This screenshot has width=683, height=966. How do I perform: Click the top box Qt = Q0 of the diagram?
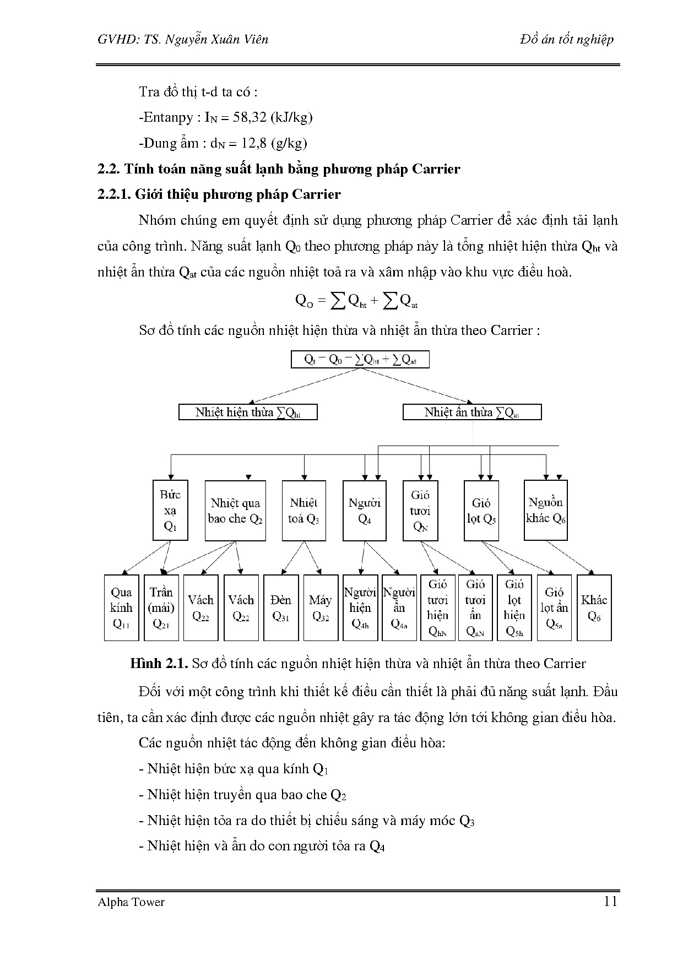(x=360, y=360)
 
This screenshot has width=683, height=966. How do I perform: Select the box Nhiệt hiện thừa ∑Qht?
(x=248, y=412)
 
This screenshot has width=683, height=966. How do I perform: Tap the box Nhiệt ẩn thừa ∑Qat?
(x=472, y=412)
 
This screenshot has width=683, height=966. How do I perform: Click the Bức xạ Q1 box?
(x=170, y=510)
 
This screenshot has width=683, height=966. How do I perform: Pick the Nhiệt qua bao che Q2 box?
(x=235, y=510)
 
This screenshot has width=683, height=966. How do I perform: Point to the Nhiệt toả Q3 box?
(x=303, y=510)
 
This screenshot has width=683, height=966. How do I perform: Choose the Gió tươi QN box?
(x=420, y=510)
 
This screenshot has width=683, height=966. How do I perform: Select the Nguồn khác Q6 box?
(x=545, y=510)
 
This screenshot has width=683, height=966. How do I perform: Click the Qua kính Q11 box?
(x=121, y=607)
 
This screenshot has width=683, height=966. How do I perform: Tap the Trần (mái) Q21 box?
(x=161, y=607)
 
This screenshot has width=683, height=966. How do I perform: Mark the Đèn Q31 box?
(x=281, y=607)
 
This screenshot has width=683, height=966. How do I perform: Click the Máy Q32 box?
(x=321, y=607)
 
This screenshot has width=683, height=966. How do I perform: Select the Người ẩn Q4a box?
(x=399, y=607)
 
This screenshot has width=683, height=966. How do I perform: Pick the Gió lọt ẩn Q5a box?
(x=554, y=607)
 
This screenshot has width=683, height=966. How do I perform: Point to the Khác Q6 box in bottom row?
(x=594, y=607)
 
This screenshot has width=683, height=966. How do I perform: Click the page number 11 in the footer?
(x=610, y=902)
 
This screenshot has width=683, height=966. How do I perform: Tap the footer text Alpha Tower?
(x=131, y=902)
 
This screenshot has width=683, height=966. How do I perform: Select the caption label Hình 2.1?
(x=160, y=664)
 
